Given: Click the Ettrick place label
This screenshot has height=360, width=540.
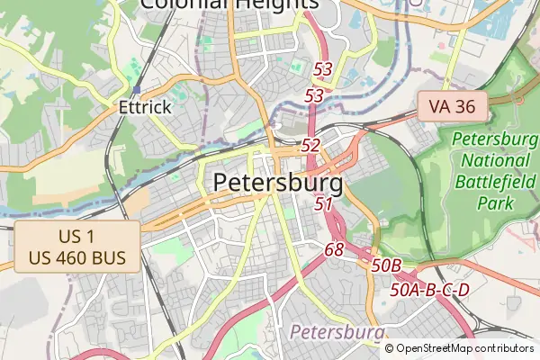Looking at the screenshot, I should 145,107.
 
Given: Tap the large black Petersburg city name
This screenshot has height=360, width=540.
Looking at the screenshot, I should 278,184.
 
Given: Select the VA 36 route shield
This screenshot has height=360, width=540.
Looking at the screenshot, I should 452,106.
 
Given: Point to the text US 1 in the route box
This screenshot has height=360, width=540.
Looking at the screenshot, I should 76,237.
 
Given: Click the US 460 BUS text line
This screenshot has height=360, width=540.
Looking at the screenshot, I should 76,258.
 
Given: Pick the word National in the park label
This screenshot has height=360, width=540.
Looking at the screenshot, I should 495,161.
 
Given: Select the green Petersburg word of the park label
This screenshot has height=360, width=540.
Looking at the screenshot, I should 495,139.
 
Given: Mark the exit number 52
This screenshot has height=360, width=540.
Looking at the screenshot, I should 310,145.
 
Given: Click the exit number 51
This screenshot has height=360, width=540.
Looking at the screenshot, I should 324,204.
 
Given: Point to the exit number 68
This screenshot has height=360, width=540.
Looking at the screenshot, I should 334,248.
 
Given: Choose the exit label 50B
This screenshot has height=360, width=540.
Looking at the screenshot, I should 386,265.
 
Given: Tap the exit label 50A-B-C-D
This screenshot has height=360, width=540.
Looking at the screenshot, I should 430,291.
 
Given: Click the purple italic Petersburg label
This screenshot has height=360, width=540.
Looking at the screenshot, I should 337,333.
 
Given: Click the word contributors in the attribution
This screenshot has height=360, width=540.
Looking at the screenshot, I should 503,348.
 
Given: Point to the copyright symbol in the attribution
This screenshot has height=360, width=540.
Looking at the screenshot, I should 389,348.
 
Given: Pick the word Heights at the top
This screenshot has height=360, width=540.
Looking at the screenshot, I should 267,4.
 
